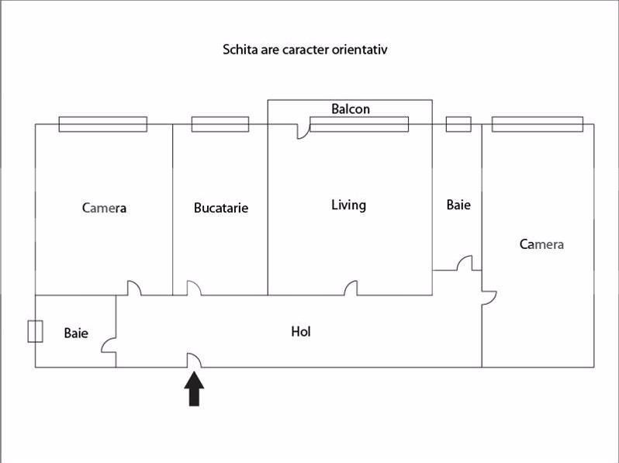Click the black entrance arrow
(x=194, y=389)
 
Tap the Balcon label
(x=351, y=109)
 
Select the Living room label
(x=348, y=206)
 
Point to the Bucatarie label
(x=221, y=208)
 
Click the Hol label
(x=301, y=332)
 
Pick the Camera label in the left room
(x=104, y=208)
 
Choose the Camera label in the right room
(x=541, y=244)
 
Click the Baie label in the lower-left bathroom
(x=76, y=333)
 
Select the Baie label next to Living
(x=458, y=205)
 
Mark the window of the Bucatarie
(x=220, y=124)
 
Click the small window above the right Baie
(x=458, y=124)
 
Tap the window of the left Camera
(x=103, y=124)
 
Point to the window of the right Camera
(x=538, y=124)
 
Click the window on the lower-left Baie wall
(x=35, y=331)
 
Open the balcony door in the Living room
(x=303, y=131)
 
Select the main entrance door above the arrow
(x=194, y=361)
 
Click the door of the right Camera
(x=489, y=298)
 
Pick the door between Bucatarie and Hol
(x=194, y=289)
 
